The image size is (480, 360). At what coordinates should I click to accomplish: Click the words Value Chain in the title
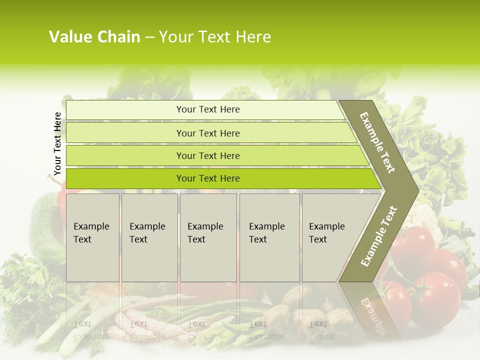tap(94, 37)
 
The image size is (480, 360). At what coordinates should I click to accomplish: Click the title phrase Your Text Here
tap(215, 37)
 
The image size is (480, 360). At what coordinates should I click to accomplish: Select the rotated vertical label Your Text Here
tap(57, 143)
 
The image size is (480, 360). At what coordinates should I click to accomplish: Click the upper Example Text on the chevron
tap(377, 142)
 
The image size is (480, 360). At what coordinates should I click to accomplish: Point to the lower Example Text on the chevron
tap(379, 236)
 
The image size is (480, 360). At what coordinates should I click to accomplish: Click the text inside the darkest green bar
tap(208, 178)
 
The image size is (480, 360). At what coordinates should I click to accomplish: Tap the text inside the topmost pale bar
tap(208, 109)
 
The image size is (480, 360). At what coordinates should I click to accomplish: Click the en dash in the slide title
tap(149, 37)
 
